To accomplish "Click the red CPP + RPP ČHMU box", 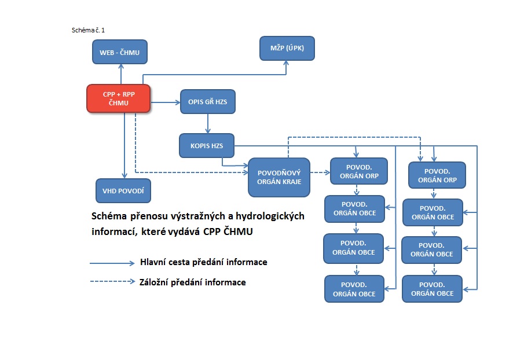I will pyautogui.click(x=118, y=98).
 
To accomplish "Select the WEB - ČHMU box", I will pyautogui.click(x=120, y=52).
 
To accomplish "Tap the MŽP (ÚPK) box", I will pyautogui.click(x=286, y=48).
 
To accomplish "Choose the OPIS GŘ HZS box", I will pyautogui.click(x=208, y=102).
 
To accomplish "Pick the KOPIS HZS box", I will pyautogui.click(x=207, y=145).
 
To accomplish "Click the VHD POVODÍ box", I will pyautogui.click(x=123, y=190).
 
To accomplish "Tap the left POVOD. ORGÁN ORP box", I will pyautogui.click(x=358, y=171).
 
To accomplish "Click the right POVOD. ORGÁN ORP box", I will pyautogui.click(x=437, y=175).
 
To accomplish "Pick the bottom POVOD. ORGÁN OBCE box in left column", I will pyautogui.click(x=354, y=289).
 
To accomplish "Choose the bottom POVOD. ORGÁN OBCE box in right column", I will pyautogui.click(x=432, y=289).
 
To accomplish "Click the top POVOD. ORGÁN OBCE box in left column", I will pyautogui.click(x=354, y=208).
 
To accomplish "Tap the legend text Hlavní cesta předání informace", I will pyautogui.click(x=203, y=262).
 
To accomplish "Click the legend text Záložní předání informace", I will pyautogui.click(x=193, y=282).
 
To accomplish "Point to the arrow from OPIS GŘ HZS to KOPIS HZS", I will pyautogui.click(x=208, y=123).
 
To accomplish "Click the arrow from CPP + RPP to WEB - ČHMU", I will pyautogui.click(x=120, y=74).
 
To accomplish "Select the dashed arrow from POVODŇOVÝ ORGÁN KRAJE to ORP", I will pyautogui.click(x=320, y=172).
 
